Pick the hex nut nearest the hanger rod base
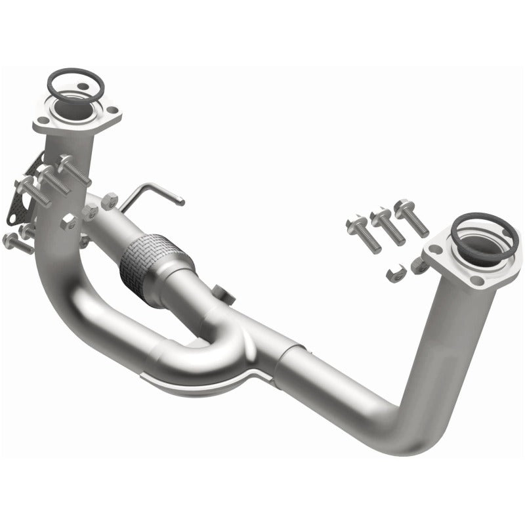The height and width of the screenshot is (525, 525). [x=110, y=198]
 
